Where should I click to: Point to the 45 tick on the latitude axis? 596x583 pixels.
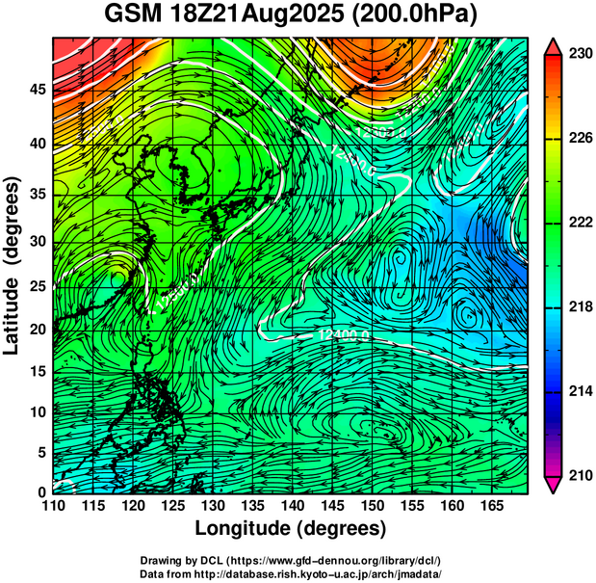click(36, 90)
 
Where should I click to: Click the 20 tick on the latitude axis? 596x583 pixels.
click(36, 329)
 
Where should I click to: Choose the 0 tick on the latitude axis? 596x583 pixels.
click(40, 492)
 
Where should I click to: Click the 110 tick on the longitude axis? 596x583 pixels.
click(54, 505)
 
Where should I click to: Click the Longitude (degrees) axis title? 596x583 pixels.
click(291, 528)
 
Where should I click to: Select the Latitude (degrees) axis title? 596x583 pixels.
click(13, 265)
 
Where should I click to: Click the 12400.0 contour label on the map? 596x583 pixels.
click(341, 334)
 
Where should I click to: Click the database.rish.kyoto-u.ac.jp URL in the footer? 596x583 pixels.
click(332, 573)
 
